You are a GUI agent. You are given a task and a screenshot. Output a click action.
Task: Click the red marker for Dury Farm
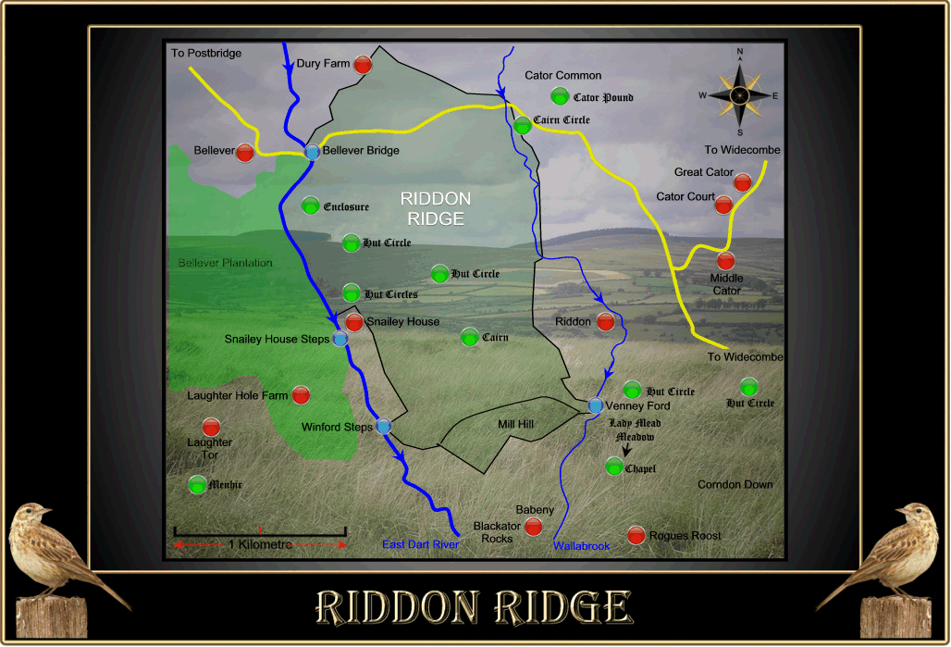pyautogui.click(x=363, y=65)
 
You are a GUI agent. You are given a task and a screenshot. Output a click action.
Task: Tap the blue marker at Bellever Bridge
pyautogui.click(x=313, y=152)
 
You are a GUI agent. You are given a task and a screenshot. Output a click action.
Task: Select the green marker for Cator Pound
pyautogui.click(x=560, y=95)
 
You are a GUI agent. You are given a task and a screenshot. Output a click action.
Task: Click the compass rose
pyautogui.click(x=739, y=94)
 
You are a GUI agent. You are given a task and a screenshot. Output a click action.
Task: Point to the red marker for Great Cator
pyautogui.click(x=742, y=181)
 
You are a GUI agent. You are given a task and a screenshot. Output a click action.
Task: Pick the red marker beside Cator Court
pyautogui.click(x=723, y=205)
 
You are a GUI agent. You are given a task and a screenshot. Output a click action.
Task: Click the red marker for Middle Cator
pyautogui.click(x=726, y=261)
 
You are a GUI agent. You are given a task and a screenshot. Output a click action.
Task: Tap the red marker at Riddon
pyautogui.click(x=605, y=322)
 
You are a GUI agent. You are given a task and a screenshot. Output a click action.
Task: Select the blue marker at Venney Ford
pyautogui.click(x=595, y=405)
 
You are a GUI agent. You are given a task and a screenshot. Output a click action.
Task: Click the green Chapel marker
pyautogui.click(x=613, y=466)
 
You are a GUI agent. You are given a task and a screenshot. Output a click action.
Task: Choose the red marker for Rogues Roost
pyautogui.click(x=636, y=535)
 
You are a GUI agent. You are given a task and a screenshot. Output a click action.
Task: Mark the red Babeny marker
pyautogui.click(x=533, y=527)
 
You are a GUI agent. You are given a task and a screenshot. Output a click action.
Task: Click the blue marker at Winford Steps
pyautogui.click(x=383, y=427)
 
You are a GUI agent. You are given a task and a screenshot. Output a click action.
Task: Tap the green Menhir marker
pyautogui.click(x=197, y=484)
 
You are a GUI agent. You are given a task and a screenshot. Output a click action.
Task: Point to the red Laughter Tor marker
pyautogui.click(x=211, y=427)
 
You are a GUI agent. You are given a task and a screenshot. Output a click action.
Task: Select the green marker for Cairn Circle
pyautogui.click(x=523, y=125)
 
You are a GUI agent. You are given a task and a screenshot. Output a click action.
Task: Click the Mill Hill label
pyautogui.click(x=515, y=425)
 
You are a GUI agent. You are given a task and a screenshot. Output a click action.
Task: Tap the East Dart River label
pyautogui.click(x=420, y=545)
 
